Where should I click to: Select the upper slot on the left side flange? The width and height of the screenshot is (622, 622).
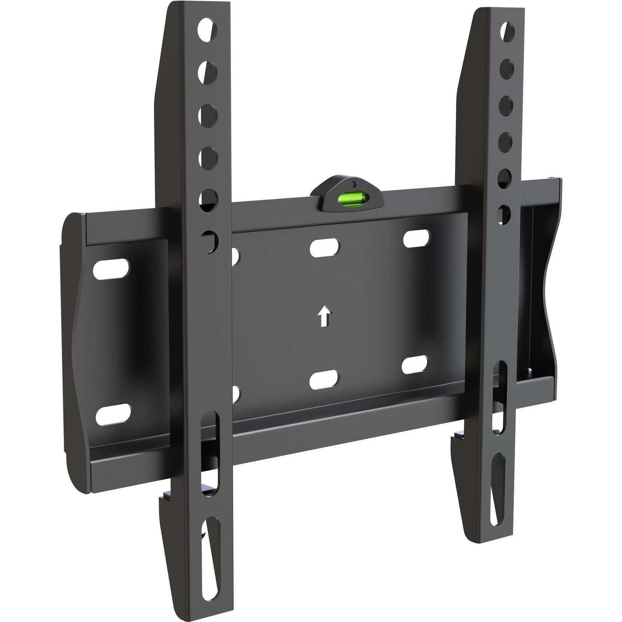click(112, 268)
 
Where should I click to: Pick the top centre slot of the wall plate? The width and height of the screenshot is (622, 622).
click(325, 246)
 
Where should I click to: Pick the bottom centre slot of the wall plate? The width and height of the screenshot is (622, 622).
click(324, 380)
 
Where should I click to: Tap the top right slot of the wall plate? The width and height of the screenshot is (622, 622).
click(416, 238)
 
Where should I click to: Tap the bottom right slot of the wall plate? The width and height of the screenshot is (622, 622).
click(415, 364)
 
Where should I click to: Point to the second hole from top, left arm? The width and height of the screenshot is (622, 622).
click(209, 70)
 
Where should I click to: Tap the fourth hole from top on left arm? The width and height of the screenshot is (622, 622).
click(209, 157)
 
